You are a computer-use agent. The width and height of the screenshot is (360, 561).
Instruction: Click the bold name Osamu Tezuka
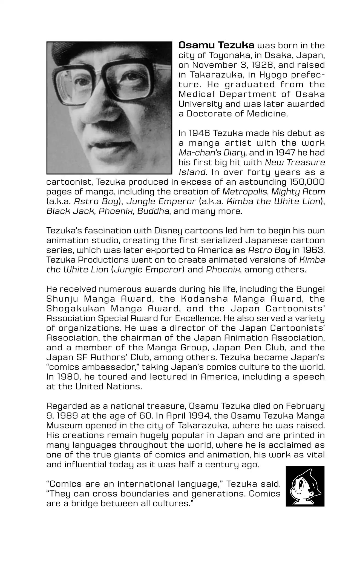pyautogui.click(x=217, y=45)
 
